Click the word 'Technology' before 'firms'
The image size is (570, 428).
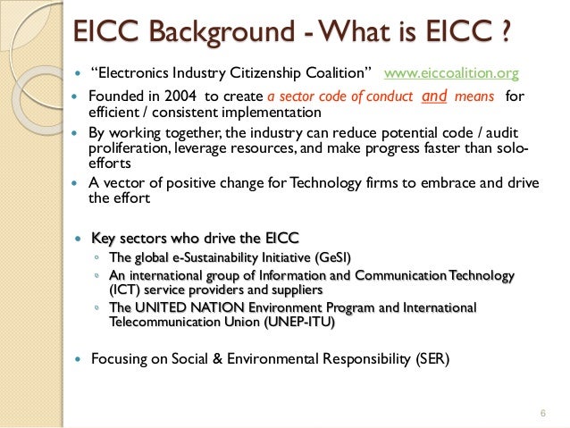coord(331,184)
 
